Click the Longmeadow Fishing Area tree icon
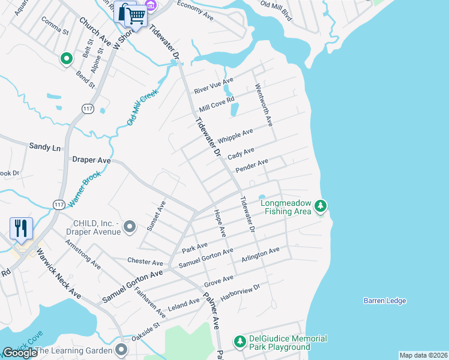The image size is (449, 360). pyautogui.click(x=321, y=206)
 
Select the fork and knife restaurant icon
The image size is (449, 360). pyautogui.click(x=20, y=228)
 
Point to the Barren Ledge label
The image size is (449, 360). pyautogui.click(x=385, y=301)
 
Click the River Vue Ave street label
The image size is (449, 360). pyautogui.click(x=213, y=85)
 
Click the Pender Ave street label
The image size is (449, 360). pyautogui.click(x=252, y=166)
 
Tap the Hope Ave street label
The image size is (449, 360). pyautogui.click(x=219, y=222)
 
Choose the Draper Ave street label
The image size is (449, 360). pyautogui.click(x=91, y=160)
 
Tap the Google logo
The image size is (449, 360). pyautogui.click(x=20, y=352)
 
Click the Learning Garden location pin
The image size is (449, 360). pyautogui.click(x=122, y=350)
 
